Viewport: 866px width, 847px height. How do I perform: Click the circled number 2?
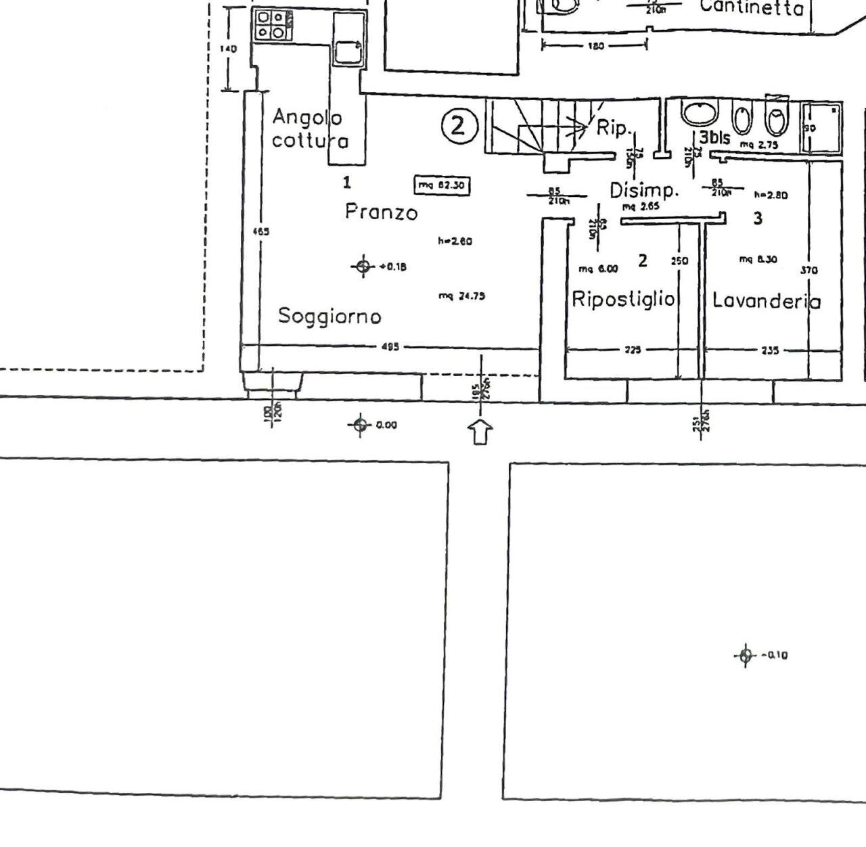(x=459, y=126)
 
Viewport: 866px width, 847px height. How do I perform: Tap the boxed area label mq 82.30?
(x=442, y=185)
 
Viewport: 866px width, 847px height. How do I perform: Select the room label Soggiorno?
(x=330, y=316)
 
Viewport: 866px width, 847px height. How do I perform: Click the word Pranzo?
(x=381, y=212)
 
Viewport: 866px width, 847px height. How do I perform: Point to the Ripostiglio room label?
(x=623, y=299)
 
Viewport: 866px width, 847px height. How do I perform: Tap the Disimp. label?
(x=644, y=190)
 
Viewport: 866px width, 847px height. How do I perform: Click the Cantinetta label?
(x=752, y=8)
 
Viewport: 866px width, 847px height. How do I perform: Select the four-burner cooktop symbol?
(x=273, y=25)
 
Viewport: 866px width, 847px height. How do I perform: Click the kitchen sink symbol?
(x=348, y=50)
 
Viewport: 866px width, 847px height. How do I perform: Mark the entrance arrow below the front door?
(x=480, y=431)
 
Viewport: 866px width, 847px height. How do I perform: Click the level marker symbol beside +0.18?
(x=363, y=267)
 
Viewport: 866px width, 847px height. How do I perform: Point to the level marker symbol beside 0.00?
(x=359, y=425)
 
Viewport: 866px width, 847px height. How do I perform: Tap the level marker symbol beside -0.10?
(x=745, y=655)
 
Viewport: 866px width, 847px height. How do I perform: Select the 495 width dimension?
(x=390, y=347)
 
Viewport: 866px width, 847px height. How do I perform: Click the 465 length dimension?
(x=260, y=231)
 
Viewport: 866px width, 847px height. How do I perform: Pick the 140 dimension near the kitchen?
(x=230, y=49)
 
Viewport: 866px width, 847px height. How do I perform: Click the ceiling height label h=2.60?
(x=455, y=241)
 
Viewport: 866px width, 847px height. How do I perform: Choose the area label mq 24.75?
(x=461, y=296)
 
